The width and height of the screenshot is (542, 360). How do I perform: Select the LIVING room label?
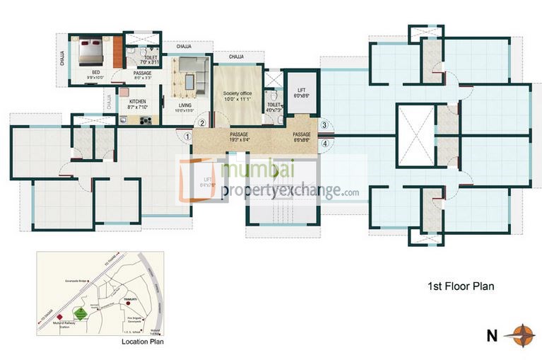(x=185, y=108)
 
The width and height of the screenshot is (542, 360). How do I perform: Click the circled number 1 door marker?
(x=187, y=137)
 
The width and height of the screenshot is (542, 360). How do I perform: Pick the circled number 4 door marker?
(x=324, y=143)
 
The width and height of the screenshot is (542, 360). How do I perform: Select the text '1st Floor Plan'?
(x=459, y=286)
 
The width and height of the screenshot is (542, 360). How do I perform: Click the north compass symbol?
(x=523, y=333)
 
